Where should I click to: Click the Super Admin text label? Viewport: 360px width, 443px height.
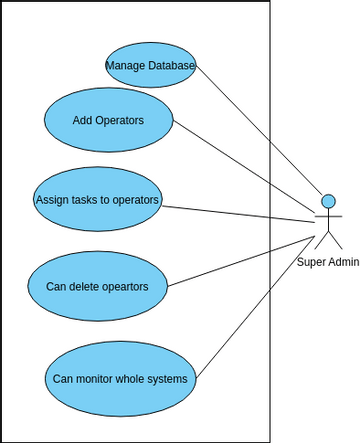(x=328, y=261)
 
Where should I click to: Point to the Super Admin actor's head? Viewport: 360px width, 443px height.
(x=327, y=202)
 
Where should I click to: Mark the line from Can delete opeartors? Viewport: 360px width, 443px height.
(x=240, y=259)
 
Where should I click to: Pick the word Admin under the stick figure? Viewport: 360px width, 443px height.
(x=344, y=261)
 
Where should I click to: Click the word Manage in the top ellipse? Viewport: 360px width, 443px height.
(x=125, y=66)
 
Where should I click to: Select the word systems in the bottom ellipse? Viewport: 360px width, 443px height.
(x=166, y=379)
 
